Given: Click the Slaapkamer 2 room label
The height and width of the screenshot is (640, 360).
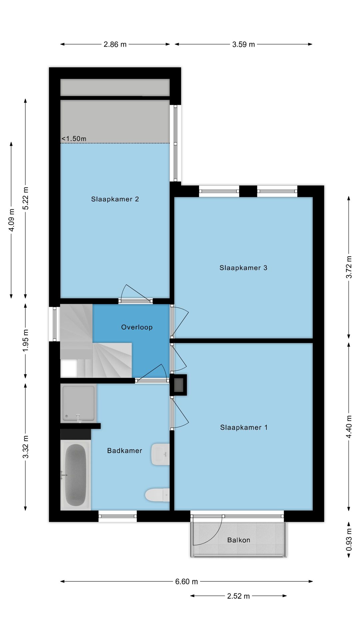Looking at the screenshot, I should click(x=115, y=199).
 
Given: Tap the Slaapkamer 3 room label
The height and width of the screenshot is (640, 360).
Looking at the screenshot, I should click(x=243, y=268).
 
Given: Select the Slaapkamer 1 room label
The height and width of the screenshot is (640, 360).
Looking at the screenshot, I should click(x=244, y=428).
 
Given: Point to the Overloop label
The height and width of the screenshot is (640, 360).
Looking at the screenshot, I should click(x=137, y=327).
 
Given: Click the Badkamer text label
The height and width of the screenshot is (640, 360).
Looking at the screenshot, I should click(x=124, y=451).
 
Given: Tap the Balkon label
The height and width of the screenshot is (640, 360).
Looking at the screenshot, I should click(x=238, y=540).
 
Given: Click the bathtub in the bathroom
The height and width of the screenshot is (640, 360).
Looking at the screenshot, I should click(x=75, y=475).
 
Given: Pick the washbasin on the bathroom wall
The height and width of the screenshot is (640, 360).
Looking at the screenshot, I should click(x=160, y=454).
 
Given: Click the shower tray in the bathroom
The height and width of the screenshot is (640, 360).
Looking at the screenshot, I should click(x=78, y=403).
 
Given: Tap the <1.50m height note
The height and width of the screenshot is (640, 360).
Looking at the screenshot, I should click(x=74, y=139).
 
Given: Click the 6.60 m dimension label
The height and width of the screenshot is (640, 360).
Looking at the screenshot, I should click(x=186, y=582).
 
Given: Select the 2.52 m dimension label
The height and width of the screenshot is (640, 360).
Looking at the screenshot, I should click(x=238, y=596).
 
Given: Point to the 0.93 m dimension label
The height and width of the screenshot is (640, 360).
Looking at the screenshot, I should click(x=349, y=540).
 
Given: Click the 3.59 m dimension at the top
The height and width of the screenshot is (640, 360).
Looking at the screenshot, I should click(x=243, y=44).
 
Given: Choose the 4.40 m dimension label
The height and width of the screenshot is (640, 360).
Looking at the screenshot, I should click(x=349, y=427).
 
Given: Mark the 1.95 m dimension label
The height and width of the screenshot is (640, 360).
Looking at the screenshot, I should click(x=26, y=340).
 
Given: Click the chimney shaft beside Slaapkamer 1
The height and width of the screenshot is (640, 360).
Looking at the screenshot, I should click(x=179, y=385).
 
